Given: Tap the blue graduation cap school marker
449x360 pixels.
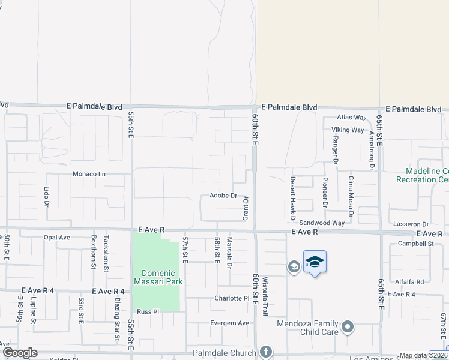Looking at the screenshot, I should (315, 262).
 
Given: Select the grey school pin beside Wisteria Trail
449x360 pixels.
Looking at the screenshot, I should (294, 266).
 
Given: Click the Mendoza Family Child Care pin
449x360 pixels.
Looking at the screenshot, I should (348, 328).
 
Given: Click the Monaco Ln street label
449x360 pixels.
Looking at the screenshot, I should (89, 174).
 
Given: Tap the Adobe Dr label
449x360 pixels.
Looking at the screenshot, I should (224, 196).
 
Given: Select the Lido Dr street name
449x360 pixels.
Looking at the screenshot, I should (46, 193).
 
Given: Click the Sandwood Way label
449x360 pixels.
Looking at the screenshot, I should (322, 223).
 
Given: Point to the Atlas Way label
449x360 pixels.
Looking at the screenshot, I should (351, 118).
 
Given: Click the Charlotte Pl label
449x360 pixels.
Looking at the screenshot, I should (232, 298).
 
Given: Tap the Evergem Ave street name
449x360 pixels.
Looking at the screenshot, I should (229, 323).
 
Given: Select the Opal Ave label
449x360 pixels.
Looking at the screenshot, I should (57, 237).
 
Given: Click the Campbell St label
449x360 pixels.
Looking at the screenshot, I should (415, 244).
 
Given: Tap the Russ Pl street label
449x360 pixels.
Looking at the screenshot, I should (148, 311).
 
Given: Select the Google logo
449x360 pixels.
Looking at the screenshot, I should (20, 352).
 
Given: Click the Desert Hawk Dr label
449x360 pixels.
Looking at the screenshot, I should (293, 196).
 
